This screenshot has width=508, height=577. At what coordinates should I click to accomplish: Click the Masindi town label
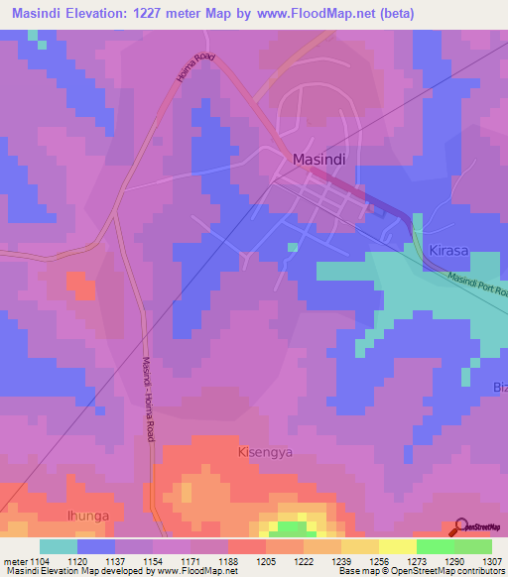tap(318, 159)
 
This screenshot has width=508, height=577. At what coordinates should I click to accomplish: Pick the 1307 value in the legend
tap(492, 561)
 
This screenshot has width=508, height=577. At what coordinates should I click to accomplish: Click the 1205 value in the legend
tap(266, 561)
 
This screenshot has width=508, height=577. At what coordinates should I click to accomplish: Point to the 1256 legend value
tap(379, 561)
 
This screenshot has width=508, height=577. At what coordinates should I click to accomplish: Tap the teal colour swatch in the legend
tap(59, 546)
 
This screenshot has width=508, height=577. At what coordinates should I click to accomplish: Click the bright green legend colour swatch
tap(436, 546)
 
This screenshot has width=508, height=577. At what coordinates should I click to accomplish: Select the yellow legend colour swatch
tap(398, 546)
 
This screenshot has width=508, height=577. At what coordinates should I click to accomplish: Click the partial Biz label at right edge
tap(499, 386)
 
